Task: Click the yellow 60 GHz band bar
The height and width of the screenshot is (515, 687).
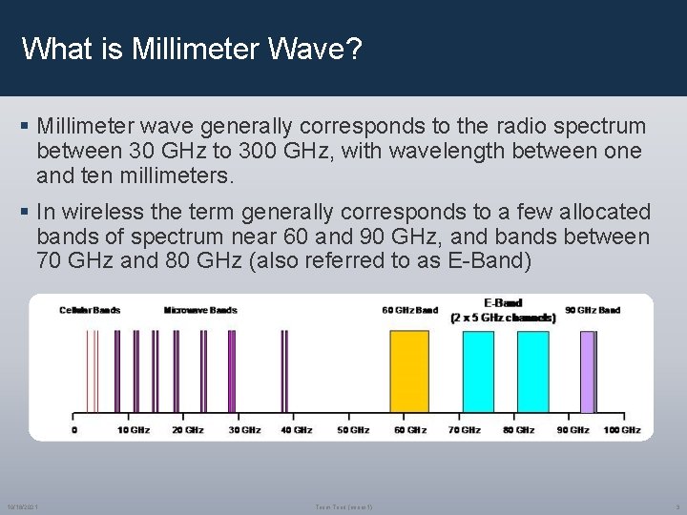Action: (x=409, y=372)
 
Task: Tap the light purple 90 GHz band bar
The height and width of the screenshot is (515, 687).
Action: (x=587, y=372)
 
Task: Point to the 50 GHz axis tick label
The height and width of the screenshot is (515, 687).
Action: (x=353, y=430)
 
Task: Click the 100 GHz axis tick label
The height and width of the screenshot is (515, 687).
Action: (x=622, y=430)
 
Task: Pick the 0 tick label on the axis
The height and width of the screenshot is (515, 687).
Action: (x=75, y=430)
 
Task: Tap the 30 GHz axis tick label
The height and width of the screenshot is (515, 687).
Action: (x=244, y=430)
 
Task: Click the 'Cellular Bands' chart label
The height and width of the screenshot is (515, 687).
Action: (x=90, y=310)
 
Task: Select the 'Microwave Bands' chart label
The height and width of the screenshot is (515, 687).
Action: (x=200, y=310)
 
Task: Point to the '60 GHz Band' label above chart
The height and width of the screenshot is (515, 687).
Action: (x=409, y=310)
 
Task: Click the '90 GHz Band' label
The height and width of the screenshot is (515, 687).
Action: (x=592, y=310)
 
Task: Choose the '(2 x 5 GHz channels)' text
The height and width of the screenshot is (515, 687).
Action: (x=503, y=318)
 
